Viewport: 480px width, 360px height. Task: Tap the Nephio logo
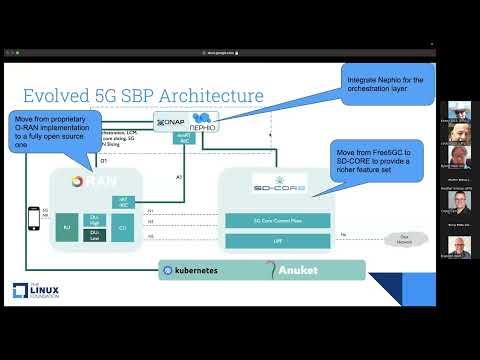click(198, 122)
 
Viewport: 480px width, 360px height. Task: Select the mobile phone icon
click(32, 220)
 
